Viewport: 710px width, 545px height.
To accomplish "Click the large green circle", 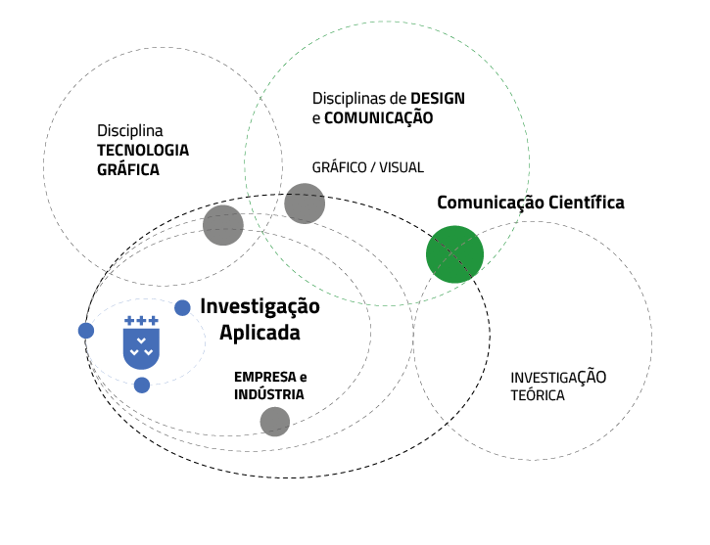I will click(455, 253).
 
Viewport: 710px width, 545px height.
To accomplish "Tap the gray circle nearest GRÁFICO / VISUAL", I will click(305, 204).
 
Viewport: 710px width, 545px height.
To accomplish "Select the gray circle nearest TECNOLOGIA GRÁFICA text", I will click(223, 225).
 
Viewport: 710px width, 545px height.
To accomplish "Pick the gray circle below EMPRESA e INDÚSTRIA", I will click(275, 422).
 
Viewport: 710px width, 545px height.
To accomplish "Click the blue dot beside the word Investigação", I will click(182, 307).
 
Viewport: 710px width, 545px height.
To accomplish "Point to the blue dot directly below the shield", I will click(142, 385).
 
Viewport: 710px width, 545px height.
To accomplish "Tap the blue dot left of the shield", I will click(86, 331).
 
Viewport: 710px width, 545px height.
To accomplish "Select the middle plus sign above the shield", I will click(142, 320).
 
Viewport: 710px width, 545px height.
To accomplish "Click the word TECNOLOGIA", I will click(143, 150).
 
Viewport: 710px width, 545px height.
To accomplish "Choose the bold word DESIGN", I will click(438, 99).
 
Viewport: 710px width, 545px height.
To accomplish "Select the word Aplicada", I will click(260, 333).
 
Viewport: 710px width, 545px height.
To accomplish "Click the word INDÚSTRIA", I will click(269, 394).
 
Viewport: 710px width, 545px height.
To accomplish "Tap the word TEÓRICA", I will click(538, 395).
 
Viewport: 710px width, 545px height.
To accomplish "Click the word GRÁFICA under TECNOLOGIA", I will click(128, 169).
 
